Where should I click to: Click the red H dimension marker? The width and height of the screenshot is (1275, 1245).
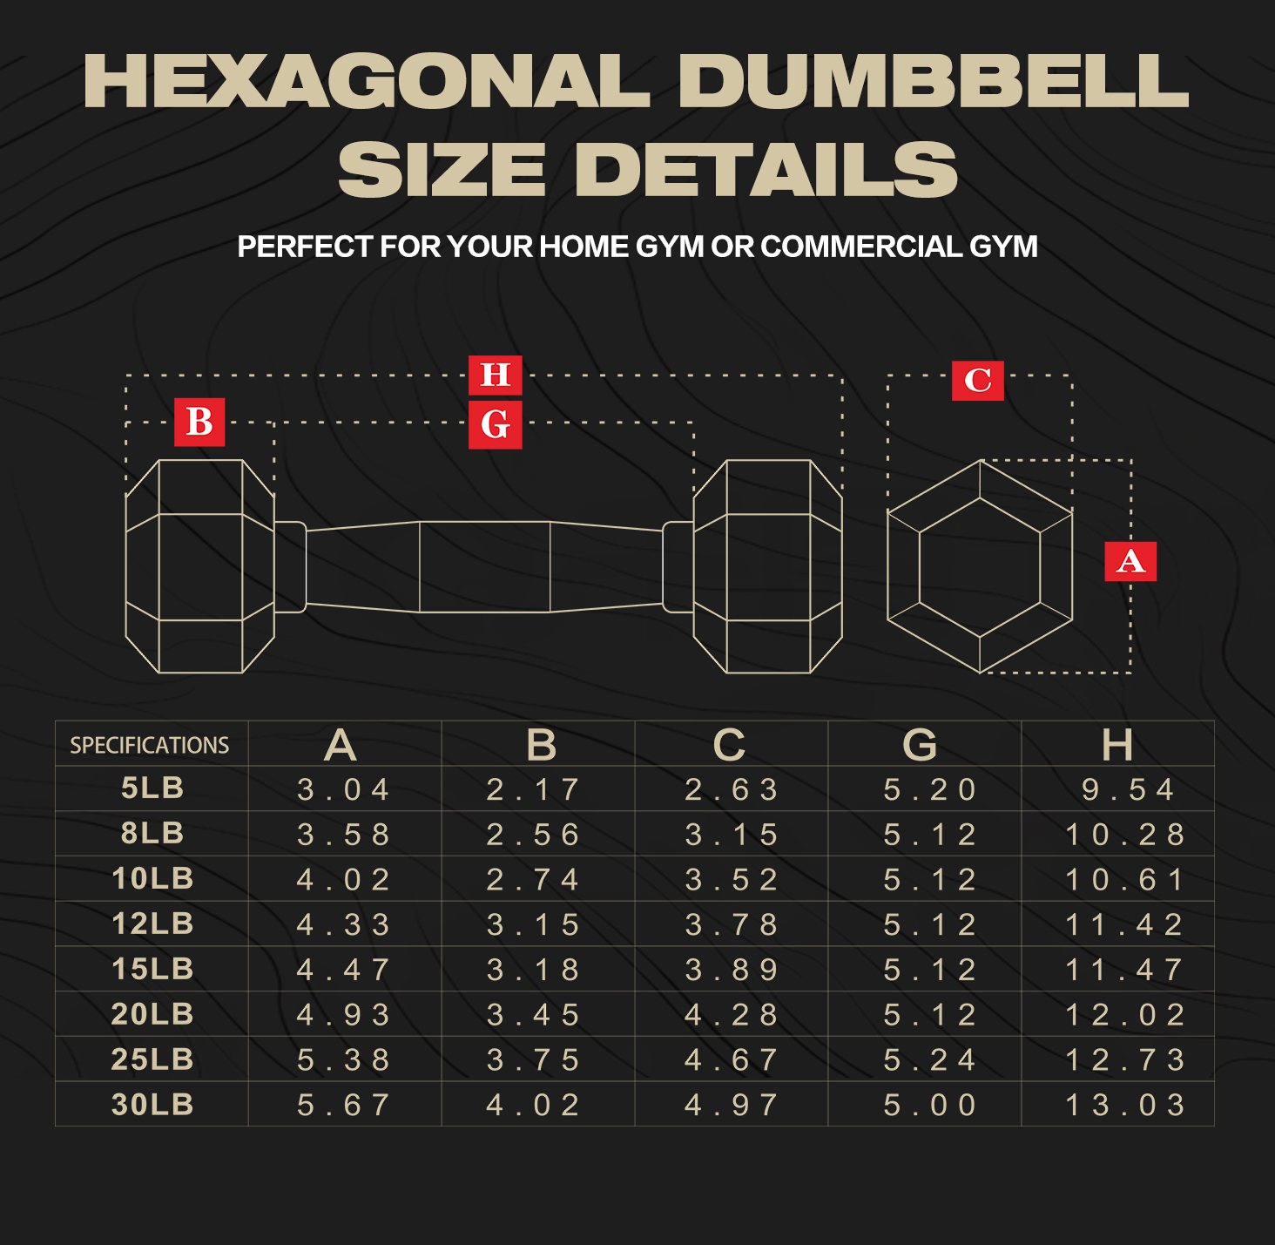coord(496,375)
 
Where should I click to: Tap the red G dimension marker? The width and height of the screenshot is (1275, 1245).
coord(496,425)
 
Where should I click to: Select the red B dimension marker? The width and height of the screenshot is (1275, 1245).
coord(199,423)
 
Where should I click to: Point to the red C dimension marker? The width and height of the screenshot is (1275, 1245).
coord(977,380)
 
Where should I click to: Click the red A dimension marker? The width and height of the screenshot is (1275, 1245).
coord(1130,561)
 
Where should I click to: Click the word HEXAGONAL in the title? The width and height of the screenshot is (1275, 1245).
coord(367,80)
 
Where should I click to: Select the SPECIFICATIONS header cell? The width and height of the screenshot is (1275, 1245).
coord(150,746)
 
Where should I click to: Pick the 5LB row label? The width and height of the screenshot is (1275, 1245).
coord(152,788)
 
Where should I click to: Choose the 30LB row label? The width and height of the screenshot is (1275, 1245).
coord(152,1105)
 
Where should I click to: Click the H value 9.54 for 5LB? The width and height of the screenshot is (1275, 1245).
coord(1127,789)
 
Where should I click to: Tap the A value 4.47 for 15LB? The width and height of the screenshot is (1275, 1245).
coord(343,970)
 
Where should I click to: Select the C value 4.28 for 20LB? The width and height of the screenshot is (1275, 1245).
coord(731,1015)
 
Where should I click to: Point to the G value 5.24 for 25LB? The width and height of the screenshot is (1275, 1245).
coord(929,1060)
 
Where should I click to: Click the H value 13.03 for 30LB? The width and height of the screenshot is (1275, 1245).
coord(1125,1106)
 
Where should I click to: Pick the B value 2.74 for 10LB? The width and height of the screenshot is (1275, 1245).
coord(532,880)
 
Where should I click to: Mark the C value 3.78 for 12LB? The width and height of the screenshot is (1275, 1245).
coord(731,925)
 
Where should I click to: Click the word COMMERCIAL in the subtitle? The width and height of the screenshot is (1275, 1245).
coord(861,247)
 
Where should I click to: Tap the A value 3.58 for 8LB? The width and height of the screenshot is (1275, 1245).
coord(343,835)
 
